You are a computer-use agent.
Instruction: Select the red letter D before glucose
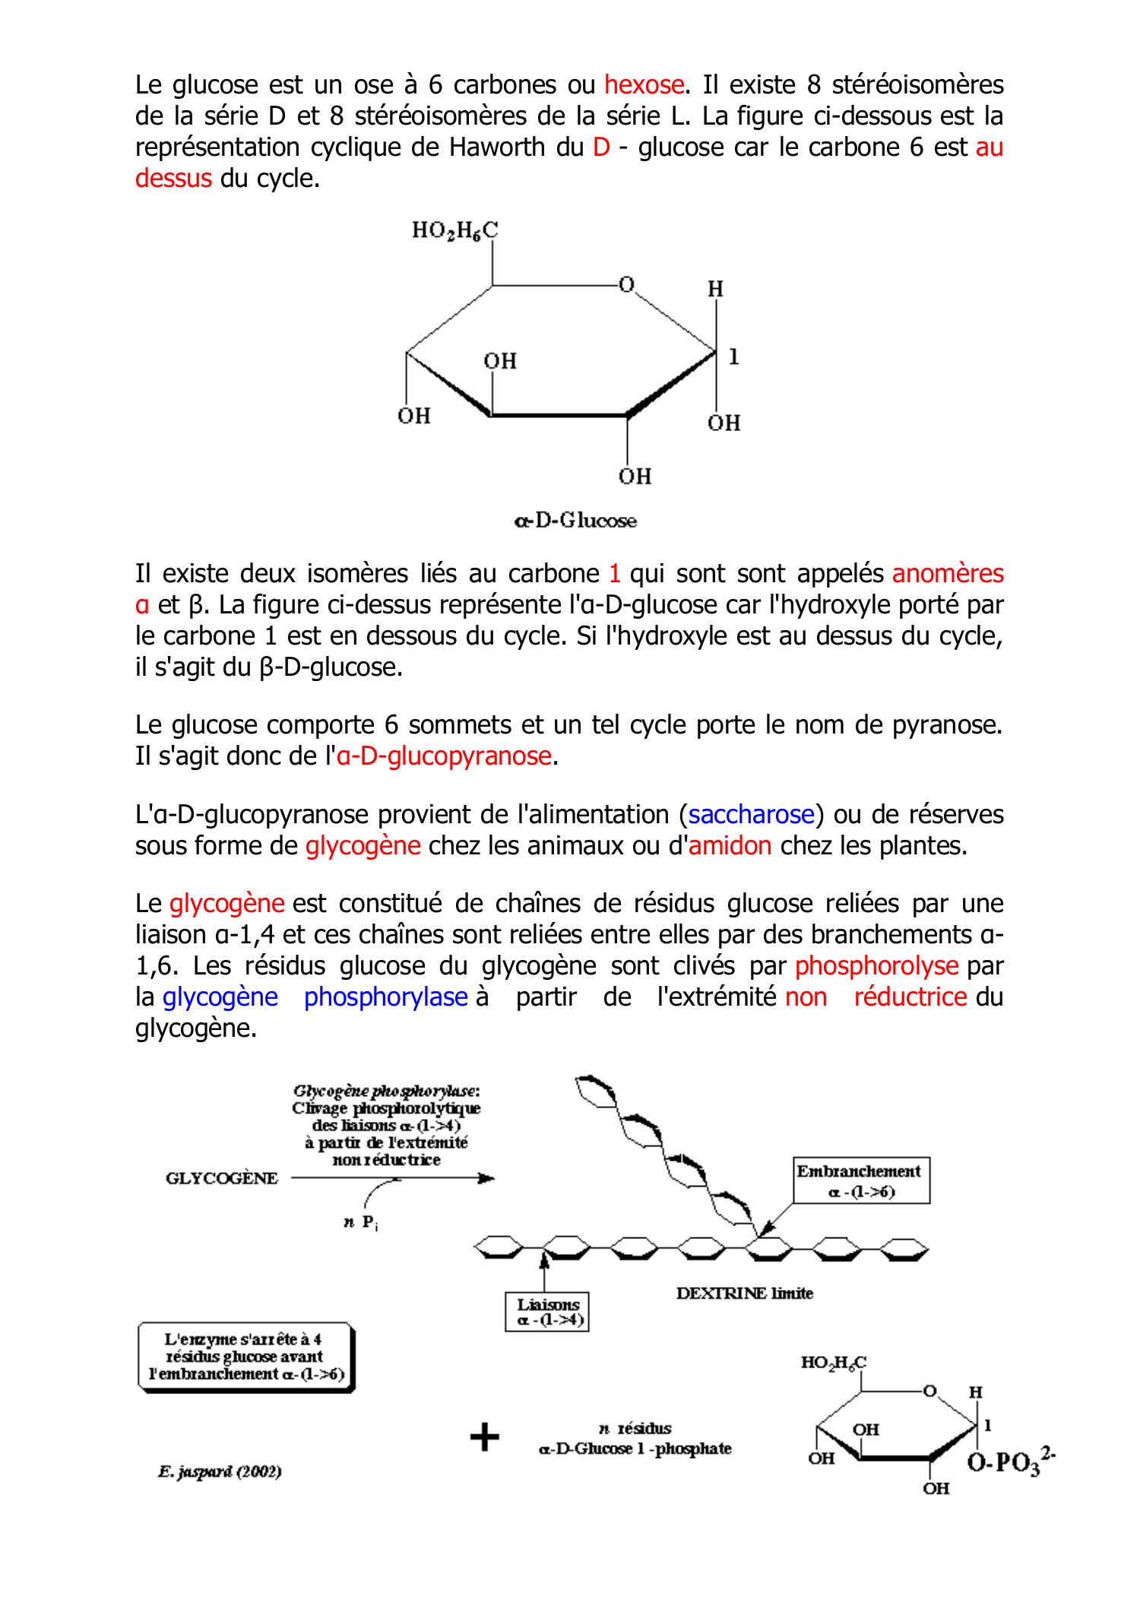(601, 147)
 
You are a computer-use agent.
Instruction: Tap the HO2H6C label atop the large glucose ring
(454, 230)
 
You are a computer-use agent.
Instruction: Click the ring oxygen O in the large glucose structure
(626, 285)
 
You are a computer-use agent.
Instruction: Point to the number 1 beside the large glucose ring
(733, 356)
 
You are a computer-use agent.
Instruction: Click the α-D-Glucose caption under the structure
(575, 521)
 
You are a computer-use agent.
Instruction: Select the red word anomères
(948, 573)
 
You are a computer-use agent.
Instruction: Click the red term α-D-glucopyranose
(443, 756)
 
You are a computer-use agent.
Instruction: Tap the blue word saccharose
(751, 815)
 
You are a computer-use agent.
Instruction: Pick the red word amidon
(730, 846)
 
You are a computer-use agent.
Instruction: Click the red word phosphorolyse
(876, 966)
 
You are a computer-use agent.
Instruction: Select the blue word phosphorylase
(385, 997)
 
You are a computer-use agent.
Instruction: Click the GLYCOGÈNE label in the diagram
(222, 1178)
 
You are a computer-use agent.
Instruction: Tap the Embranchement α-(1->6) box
(860, 1181)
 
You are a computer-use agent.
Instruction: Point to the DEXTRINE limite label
(744, 1293)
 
